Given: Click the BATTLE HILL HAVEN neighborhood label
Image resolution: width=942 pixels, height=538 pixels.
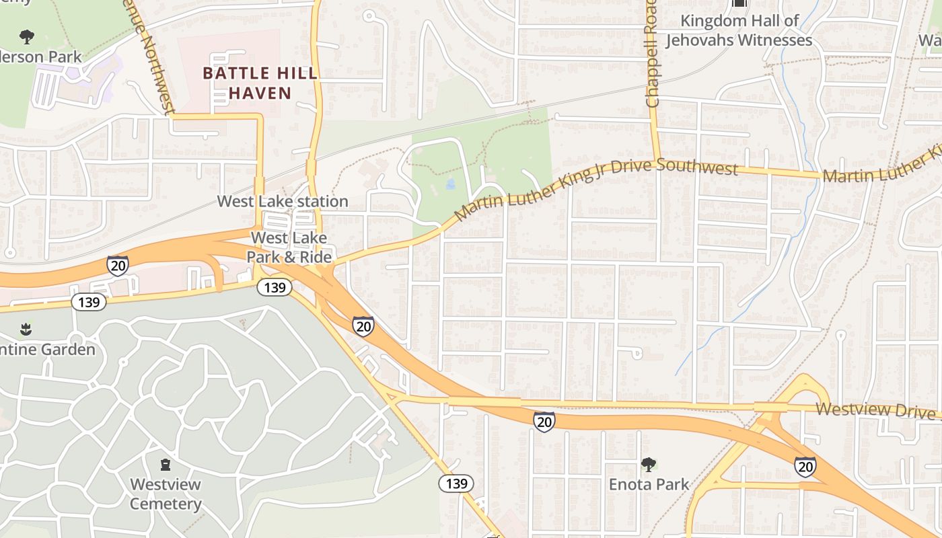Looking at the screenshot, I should tap(260, 83).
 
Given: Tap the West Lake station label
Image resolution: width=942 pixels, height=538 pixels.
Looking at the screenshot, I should tap(283, 201).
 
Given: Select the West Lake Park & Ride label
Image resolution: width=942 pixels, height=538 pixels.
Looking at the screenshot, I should tap(289, 247).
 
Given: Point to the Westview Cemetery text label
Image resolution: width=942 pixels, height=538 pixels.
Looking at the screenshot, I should tap(166, 494).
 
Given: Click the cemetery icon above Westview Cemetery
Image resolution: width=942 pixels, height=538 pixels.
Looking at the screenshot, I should tap(166, 464).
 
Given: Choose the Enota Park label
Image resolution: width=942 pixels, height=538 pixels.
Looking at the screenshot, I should tap(649, 484).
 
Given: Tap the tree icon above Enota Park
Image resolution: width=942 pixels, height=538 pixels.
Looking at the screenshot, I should tap(649, 464).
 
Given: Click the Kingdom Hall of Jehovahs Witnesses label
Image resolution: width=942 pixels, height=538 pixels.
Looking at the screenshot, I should tap(739, 31).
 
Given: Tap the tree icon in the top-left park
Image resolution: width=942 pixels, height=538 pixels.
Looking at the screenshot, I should tap(27, 36).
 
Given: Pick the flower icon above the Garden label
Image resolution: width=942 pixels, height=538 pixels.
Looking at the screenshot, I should tap(26, 329).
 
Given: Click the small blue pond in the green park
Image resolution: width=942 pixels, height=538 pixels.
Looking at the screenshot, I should tap(450, 183).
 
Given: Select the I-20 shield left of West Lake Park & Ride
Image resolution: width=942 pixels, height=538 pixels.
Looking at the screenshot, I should tap(117, 266).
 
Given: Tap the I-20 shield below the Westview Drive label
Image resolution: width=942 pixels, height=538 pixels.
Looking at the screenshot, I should tap(805, 466).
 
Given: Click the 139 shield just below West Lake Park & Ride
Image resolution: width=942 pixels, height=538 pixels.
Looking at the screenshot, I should tap(275, 288).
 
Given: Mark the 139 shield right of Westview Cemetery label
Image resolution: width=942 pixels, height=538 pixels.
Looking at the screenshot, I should tap(456, 483).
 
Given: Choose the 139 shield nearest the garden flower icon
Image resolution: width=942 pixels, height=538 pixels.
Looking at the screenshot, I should tap(89, 302).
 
